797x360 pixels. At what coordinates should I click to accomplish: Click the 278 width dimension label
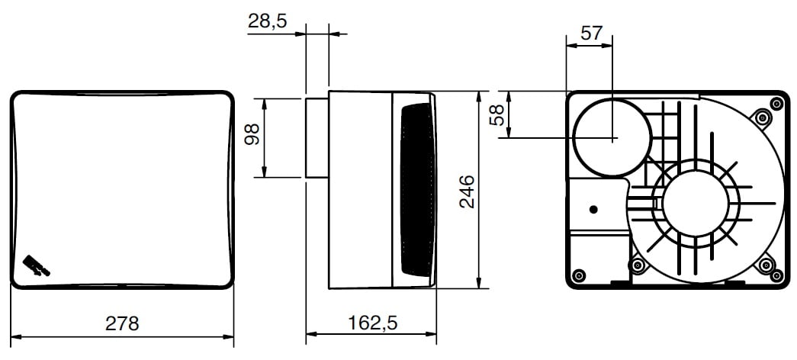(x=122, y=323)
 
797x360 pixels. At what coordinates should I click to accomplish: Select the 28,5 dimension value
(x=268, y=21)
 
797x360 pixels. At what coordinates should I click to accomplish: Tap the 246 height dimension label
(x=467, y=191)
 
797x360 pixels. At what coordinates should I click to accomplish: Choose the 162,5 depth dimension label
(x=372, y=323)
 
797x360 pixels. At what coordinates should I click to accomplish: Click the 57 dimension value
(x=591, y=34)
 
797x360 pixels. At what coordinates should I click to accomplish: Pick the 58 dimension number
(x=496, y=115)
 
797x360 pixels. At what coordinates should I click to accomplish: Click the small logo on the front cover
(x=36, y=265)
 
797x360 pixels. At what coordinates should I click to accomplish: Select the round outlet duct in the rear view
(x=612, y=137)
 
